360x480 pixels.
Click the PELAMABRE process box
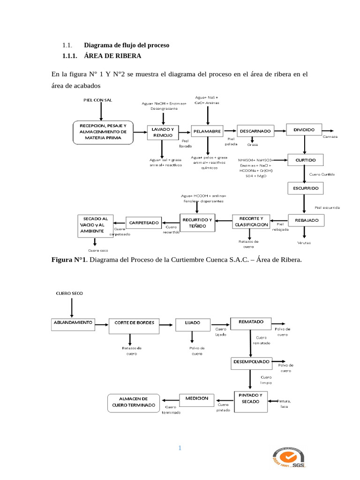206,132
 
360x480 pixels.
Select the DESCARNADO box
255,131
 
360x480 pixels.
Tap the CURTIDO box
305,160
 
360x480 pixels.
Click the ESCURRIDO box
305,188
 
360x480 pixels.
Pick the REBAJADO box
307,220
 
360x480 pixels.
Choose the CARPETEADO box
144,222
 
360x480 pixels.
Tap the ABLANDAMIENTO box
73,323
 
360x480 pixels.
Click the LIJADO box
193,323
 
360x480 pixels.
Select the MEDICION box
197,398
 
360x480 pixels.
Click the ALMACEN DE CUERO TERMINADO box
134,401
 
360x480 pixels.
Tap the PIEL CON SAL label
98,100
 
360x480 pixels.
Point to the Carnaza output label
330,136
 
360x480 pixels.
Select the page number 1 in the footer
180,448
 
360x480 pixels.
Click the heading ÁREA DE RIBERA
112,56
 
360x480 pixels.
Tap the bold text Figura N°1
69,261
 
